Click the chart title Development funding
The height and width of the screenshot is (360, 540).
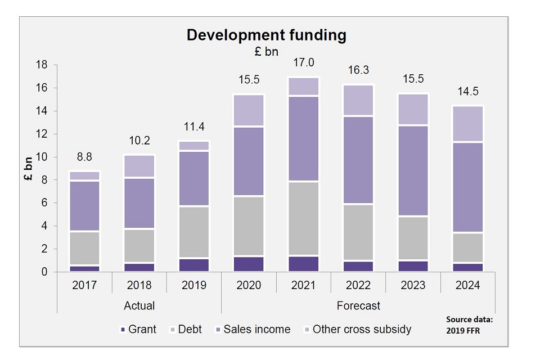pyautogui.click(x=266, y=35)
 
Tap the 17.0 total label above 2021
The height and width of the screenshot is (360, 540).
pyautogui.click(x=303, y=62)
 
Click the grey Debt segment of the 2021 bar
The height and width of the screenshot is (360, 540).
pyautogui.click(x=303, y=219)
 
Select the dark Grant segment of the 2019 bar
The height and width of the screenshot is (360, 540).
pyautogui.click(x=193, y=265)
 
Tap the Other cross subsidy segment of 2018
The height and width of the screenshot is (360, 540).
pyautogui.click(x=139, y=166)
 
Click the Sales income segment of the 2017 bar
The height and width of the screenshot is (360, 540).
pyautogui.click(x=84, y=206)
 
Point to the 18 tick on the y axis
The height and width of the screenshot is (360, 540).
pyautogui.click(x=43, y=65)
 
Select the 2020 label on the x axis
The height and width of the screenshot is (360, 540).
pyautogui.click(x=249, y=285)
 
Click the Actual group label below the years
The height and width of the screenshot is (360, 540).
pyautogui.click(x=139, y=306)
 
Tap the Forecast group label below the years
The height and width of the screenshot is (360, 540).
pyautogui.click(x=358, y=306)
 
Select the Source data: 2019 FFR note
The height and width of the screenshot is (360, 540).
pyautogui.click(x=469, y=325)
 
